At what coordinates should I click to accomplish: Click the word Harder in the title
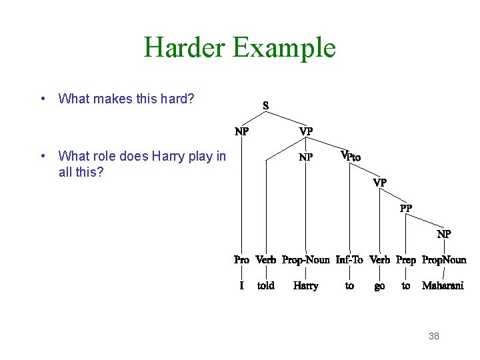click(184, 48)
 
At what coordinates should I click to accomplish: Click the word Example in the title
click(284, 48)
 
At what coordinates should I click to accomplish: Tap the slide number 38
click(433, 336)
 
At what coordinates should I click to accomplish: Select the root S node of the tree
click(266, 105)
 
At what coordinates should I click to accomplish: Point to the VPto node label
click(351, 157)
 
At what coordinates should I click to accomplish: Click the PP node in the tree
click(406, 208)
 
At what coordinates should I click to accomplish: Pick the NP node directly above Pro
click(241, 131)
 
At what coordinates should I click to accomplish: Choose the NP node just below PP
click(444, 234)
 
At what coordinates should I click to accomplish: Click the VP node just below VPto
click(379, 182)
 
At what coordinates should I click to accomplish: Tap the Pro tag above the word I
click(241, 260)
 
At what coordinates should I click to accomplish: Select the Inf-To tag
click(349, 260)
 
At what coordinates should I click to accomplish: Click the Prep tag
click(405, 260)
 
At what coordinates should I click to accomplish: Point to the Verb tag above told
click(265, 260)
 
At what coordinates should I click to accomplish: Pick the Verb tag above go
click(379, 260)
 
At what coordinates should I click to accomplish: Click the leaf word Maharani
click(443, 285)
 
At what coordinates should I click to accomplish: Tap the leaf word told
click(265, 285)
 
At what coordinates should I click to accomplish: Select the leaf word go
click(379, 286)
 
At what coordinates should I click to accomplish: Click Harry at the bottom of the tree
click(305, 285)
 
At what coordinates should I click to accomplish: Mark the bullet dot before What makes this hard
click(43, 99)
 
